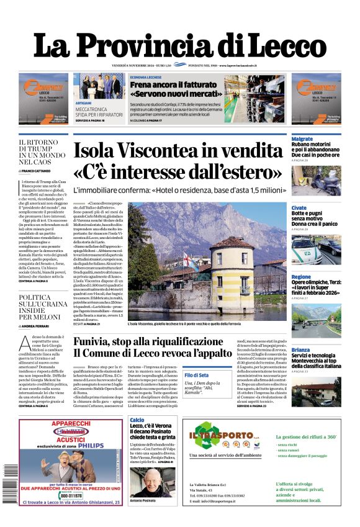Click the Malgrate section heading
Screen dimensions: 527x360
[x=302, y=139]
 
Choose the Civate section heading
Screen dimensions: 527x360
[x=299, y=208]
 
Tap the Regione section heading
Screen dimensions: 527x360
[x=301, y=277]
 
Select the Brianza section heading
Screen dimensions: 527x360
[x=301, y=349]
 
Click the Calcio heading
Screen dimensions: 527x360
[x=137, y=420]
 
